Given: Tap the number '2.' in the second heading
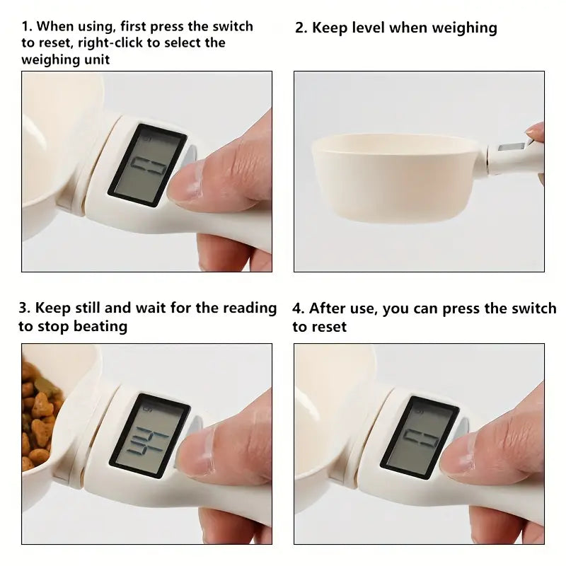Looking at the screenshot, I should [301, 28].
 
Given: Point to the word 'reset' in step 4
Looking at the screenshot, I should [329, 327].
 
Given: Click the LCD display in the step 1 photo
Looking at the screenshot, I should [146, 165].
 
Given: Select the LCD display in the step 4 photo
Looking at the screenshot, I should [420, 434].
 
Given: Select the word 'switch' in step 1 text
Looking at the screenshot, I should [231, 27].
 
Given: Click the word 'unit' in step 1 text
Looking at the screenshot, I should [96, 59].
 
